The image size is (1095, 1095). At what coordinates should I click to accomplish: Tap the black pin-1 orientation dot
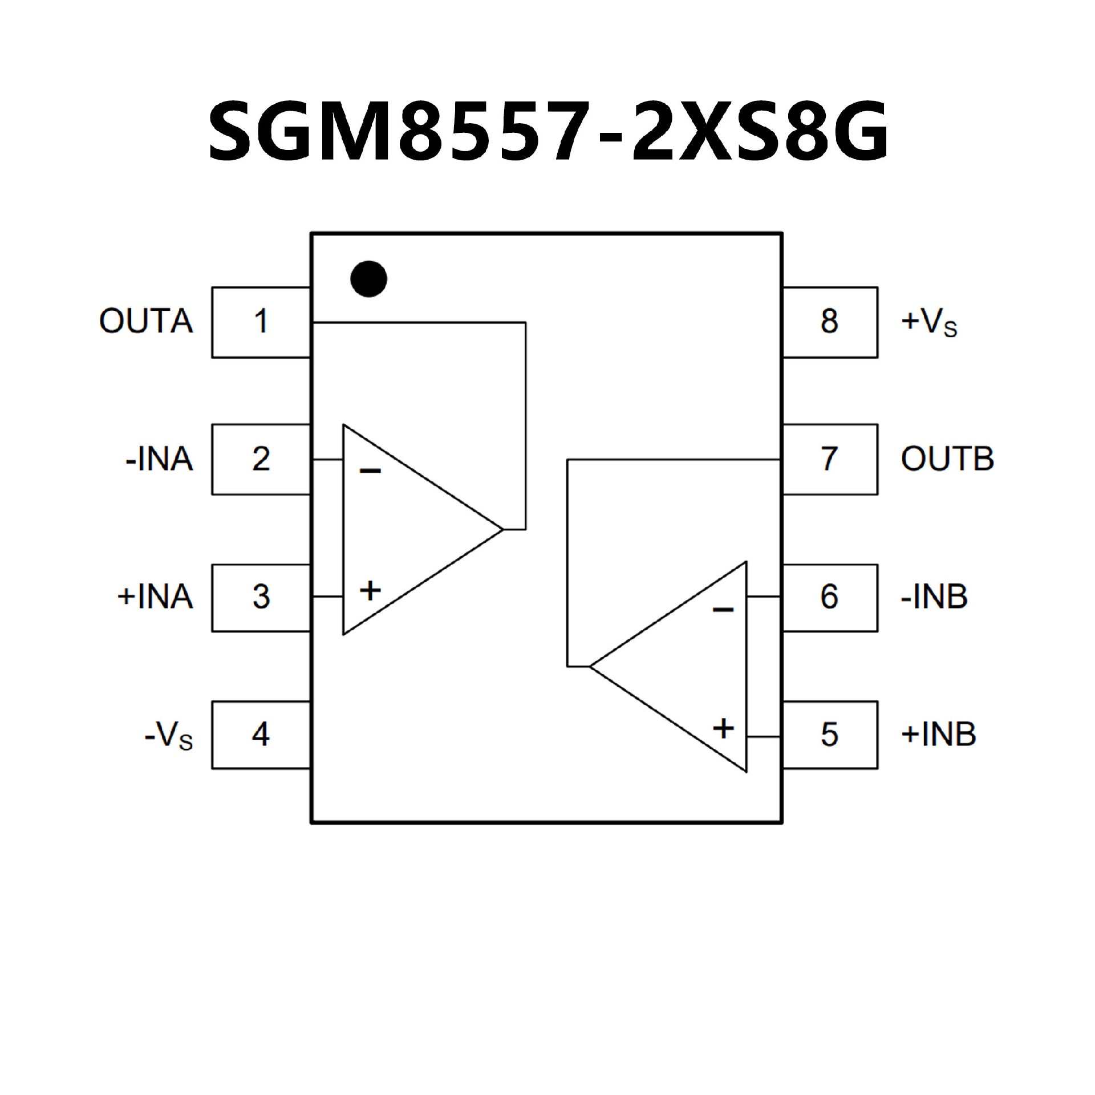[368, 279]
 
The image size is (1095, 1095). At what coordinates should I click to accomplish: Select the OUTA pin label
[146, 321]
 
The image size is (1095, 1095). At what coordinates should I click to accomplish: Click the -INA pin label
[159, 459]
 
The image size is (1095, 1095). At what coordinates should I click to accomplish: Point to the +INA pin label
[155, 597]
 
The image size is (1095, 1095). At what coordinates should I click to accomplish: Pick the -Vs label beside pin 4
[169, 736]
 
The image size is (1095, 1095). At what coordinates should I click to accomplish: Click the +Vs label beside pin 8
[928, 322]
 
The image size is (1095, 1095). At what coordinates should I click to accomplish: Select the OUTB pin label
[947, 459]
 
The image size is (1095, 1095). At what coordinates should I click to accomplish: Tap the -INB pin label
[934, 597]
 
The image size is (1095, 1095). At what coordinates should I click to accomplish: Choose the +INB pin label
[938, 734]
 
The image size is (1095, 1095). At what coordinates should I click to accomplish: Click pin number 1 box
[261, 322]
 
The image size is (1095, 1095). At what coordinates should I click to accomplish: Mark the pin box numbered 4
[261, 735]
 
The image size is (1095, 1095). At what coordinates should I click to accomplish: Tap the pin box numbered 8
[830, 322]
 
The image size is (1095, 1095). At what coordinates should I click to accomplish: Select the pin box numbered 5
[830, 735]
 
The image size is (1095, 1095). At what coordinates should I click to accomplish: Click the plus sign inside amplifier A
[370, 590]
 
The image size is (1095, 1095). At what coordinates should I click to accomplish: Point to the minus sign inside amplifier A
[370, 471]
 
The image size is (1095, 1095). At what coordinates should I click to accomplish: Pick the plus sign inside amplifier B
[723, 728]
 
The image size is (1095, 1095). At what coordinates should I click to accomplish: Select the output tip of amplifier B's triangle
[590, 666]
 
